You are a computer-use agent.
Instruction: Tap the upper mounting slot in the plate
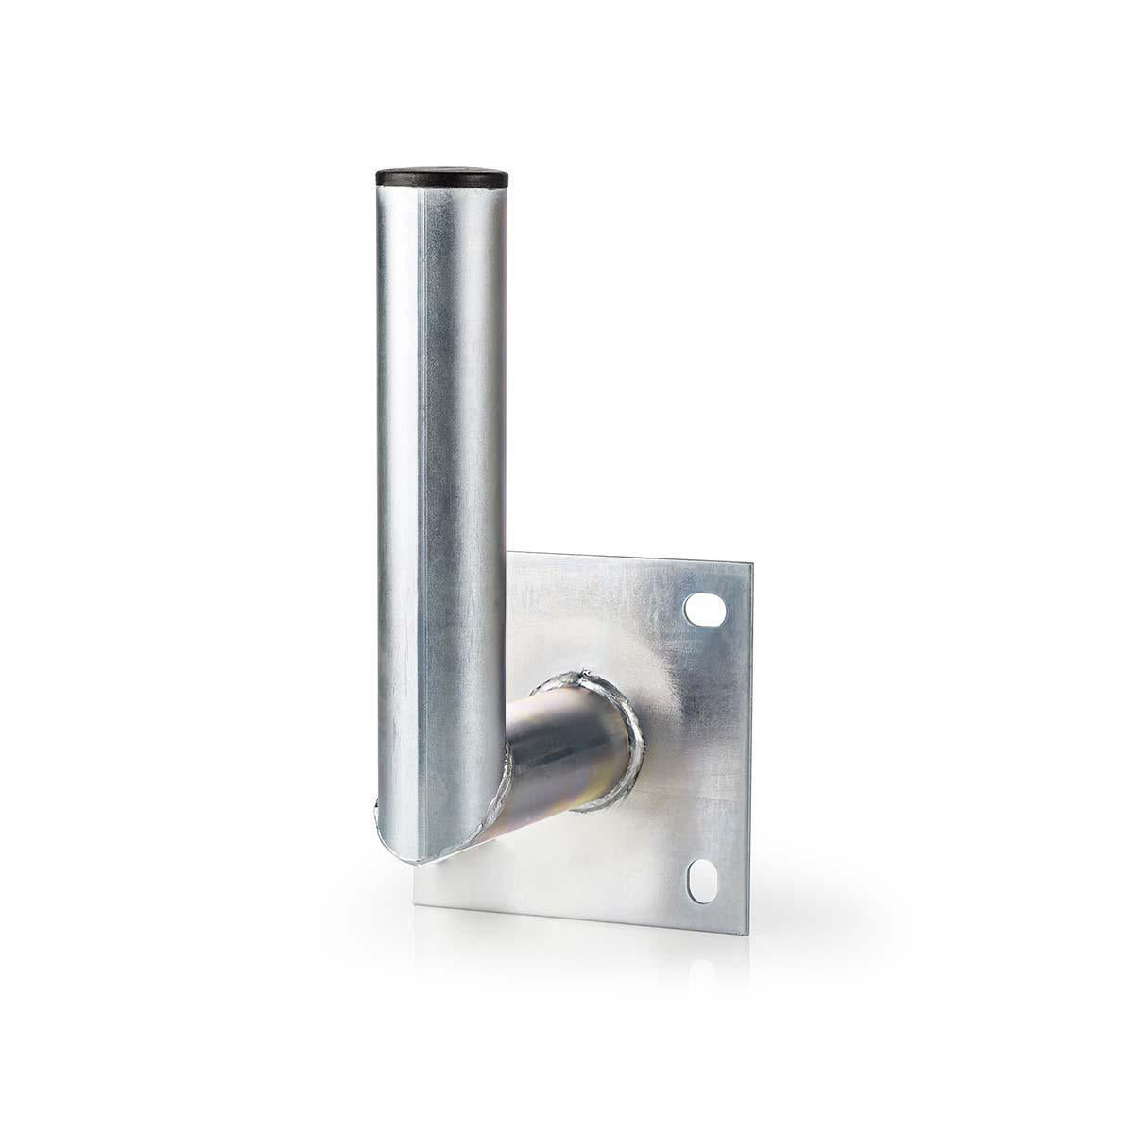tap(701, 608)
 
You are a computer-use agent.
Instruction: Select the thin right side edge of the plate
tap(751, 737)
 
